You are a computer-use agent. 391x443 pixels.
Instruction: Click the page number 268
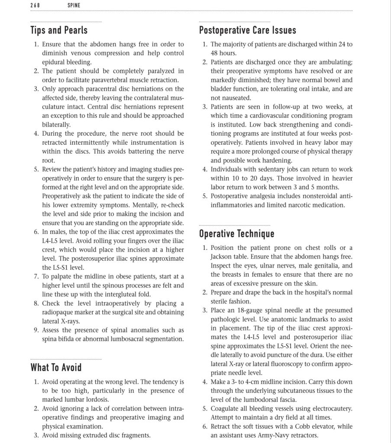(35, 6)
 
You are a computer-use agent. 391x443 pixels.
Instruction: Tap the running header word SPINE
(74, 6)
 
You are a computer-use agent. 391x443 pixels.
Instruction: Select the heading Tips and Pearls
(59, 30)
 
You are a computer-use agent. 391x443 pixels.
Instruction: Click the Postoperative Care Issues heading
(248, 30)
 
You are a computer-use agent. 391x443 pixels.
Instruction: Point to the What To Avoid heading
(56, 368)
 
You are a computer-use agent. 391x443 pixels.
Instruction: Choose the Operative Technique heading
(236, 234)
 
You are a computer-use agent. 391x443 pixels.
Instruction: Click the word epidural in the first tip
(54, 62)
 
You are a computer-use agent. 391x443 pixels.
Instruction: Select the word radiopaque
(61, 312)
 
